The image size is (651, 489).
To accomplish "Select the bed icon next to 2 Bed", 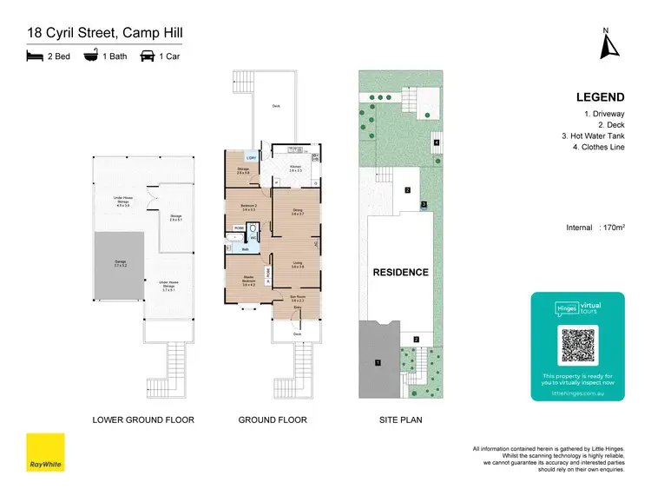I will [x=35, y=56].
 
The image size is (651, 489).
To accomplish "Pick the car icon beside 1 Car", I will [x=148, y=56].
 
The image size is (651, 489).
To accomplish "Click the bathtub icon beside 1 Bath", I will [x=90, y=56].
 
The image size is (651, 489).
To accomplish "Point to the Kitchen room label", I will [x=295, y=167].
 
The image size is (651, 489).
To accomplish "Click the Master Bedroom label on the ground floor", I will [x=248, y=281].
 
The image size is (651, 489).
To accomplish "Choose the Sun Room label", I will [x=297, y=298].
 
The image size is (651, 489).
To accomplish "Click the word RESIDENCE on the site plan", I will [x=400, y=272].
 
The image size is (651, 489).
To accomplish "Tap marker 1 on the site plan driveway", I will [x=378, y=361].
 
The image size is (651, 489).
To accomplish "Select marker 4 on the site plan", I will [x=437, y=142].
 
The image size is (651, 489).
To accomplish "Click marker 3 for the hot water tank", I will [x=423, y=205].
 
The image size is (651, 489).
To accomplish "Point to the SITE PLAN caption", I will [x=400, y=420].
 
